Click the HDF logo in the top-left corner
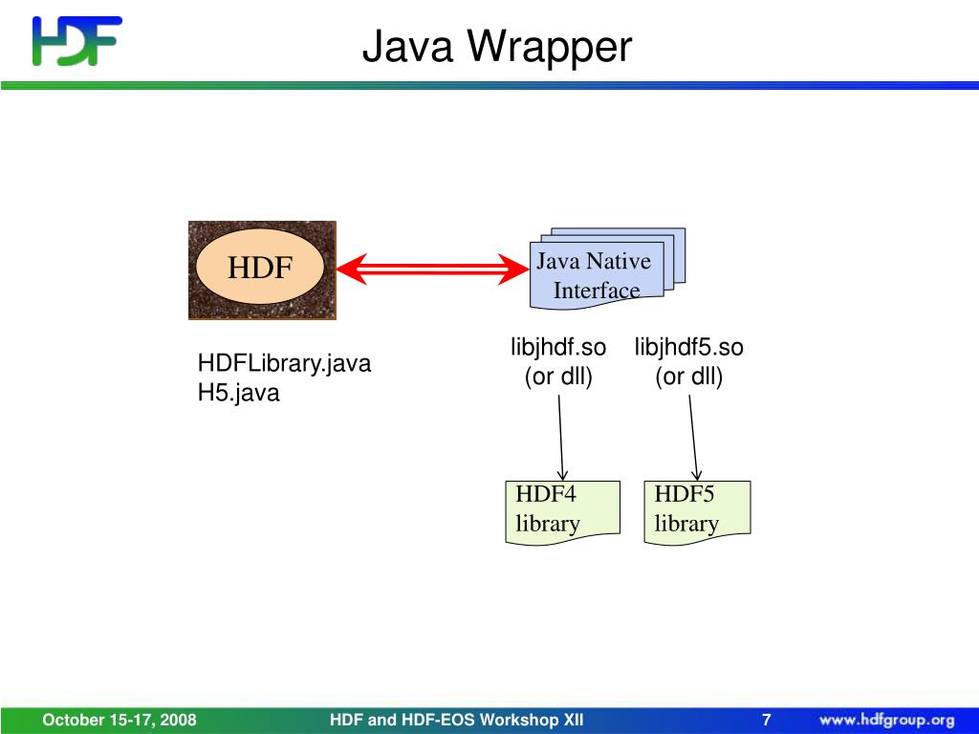(x=76, y=40)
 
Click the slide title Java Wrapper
(x=496, y=46)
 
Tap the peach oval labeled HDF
(x=260, y=268)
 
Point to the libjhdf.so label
(x=558, y=348)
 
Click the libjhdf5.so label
(x=688, y=348)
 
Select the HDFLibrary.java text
(x=284, y=364)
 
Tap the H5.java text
(x=238, y=393)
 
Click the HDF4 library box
(x=562, y=510)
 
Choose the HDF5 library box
(x=696, y=510)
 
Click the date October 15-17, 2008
(x=119, y=720)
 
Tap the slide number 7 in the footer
(x=766, y=720)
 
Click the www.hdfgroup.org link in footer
(x=886, y=720)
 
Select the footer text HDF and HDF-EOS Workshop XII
(x=456, y=720)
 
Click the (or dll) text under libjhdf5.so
(x=688, y=377)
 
